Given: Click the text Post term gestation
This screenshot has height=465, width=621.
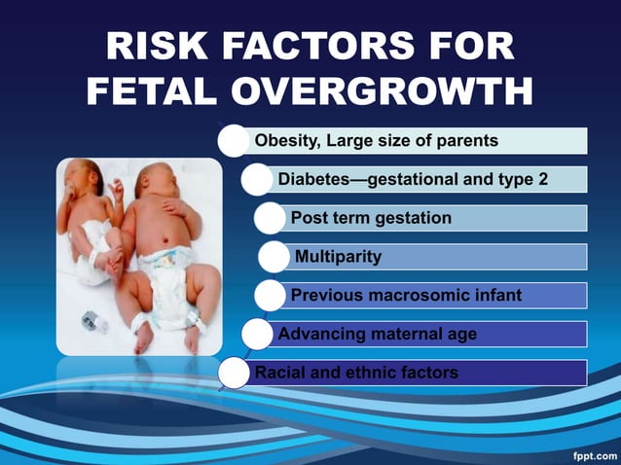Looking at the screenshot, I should click(371, 218).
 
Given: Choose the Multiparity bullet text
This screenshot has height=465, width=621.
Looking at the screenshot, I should click(338, 257).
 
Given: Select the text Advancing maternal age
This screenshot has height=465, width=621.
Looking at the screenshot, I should click(378, 334).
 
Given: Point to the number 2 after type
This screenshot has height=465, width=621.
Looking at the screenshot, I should click(556, 179).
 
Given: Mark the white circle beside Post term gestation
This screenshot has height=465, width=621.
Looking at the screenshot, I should click(272, 219).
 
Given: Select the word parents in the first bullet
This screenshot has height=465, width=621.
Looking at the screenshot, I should click(466, 141).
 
